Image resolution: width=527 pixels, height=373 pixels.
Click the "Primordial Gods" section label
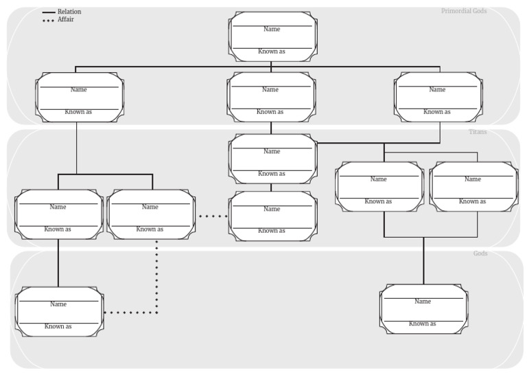click(x=464, y=11)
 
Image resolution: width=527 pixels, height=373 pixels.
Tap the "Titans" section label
click(x=478, y=132)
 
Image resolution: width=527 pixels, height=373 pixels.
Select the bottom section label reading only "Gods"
click(x=480, y=253)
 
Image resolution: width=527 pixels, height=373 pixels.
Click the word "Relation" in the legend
click(x=69, y=12)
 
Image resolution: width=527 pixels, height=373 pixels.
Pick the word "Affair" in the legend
click(x=66, y=19)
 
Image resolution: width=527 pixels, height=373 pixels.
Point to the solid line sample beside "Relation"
click(x=49, y=12)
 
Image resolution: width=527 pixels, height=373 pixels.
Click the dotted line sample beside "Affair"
click(x=49, y=20)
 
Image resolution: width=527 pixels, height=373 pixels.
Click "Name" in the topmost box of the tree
click(x=272, y=29)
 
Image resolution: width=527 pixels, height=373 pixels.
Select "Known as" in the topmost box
click(x=272, y=52)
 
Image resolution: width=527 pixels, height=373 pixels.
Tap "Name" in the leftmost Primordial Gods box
click(x=78, y=89)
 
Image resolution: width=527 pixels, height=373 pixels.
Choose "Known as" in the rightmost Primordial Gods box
click(x=437, y=111)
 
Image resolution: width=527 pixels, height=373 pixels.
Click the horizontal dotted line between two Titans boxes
click(x=212, y=216)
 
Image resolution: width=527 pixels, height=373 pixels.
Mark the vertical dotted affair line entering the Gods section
click(x=157, y=275)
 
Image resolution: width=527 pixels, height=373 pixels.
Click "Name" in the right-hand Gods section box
click(x=423, y=301)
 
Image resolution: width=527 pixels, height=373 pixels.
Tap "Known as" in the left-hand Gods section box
click(x=58, y=326)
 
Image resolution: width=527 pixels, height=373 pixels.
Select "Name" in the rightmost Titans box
click(x=473, y=179)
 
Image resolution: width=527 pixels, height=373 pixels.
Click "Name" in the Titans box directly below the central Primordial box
click(x=272, y=151)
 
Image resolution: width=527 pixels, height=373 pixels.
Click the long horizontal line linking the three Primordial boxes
click(x=172, y=67)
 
